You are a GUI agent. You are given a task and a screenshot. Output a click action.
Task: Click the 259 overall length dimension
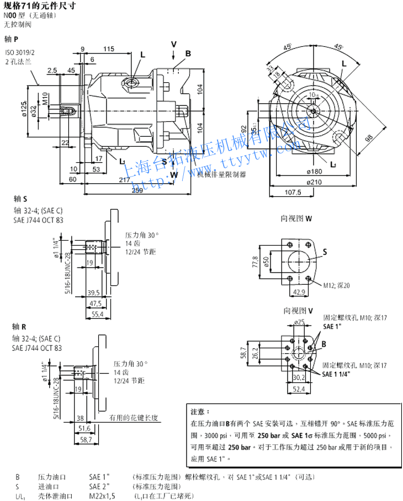[x=137, y=190]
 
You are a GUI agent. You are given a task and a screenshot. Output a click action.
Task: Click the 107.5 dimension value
[x=293, y=193]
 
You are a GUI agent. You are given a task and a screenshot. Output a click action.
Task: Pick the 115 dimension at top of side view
[x=108, y=49]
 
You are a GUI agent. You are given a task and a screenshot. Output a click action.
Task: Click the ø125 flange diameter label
[x=25, y=109]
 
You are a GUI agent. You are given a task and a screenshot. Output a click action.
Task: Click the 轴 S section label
[x=20, y=199]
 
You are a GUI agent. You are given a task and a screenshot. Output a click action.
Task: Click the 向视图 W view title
[x=296, y=218]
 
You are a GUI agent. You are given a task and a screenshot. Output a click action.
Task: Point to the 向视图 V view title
[x=296, y=310]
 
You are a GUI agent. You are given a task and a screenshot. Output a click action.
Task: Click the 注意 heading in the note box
[x=200, y=412]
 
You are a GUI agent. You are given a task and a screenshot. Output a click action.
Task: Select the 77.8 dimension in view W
[x=254, y=260]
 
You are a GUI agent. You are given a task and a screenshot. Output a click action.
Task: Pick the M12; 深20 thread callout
[x=342, y=285]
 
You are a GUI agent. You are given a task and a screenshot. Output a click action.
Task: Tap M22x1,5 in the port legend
[x=102, y=496]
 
